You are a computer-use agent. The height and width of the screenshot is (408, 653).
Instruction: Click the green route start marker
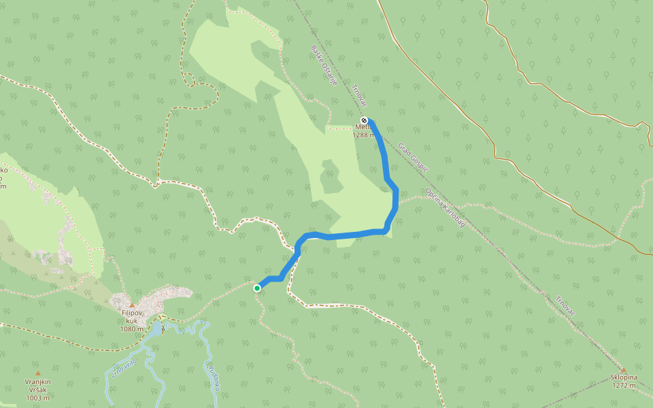(x=257, y=288)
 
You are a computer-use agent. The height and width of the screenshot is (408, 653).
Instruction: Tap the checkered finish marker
(x=364, y=120)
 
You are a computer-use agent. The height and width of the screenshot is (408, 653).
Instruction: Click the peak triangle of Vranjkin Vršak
(x=38, y=373)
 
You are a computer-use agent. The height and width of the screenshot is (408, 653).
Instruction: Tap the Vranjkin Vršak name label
(x=38, y=386)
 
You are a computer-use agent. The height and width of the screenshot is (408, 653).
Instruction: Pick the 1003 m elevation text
(x=38, y=398)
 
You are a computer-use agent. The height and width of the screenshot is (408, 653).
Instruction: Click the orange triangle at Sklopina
(x=623, y=370)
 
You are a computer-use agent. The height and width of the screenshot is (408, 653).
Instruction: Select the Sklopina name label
(x=624, y=377)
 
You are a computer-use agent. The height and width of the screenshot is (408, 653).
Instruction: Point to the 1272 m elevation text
(x=624, y=386)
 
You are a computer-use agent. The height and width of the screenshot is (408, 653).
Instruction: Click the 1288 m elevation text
(x=363, y=135)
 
